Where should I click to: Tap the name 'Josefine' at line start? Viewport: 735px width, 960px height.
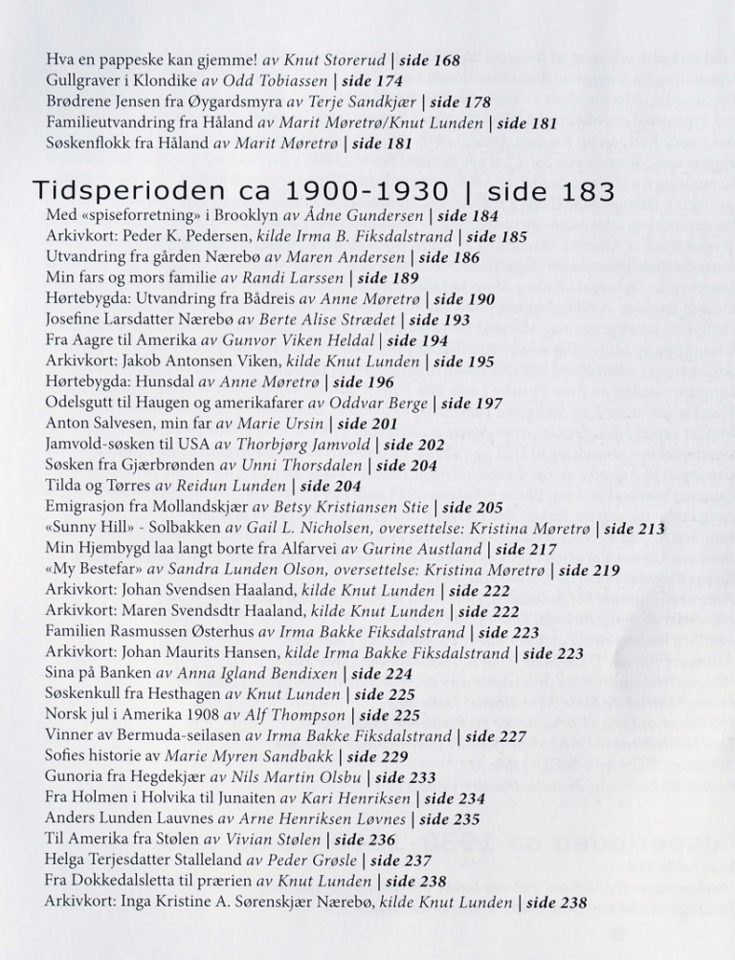coord(74,320)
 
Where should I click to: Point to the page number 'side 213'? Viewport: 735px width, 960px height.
coord(635,529)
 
